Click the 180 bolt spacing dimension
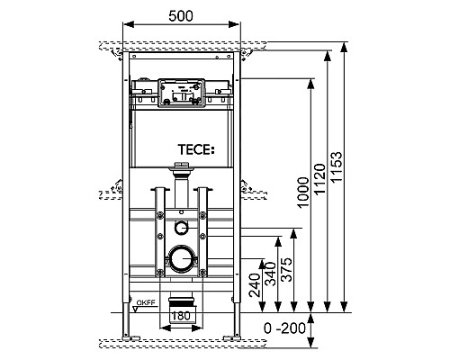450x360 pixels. point(182,317)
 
